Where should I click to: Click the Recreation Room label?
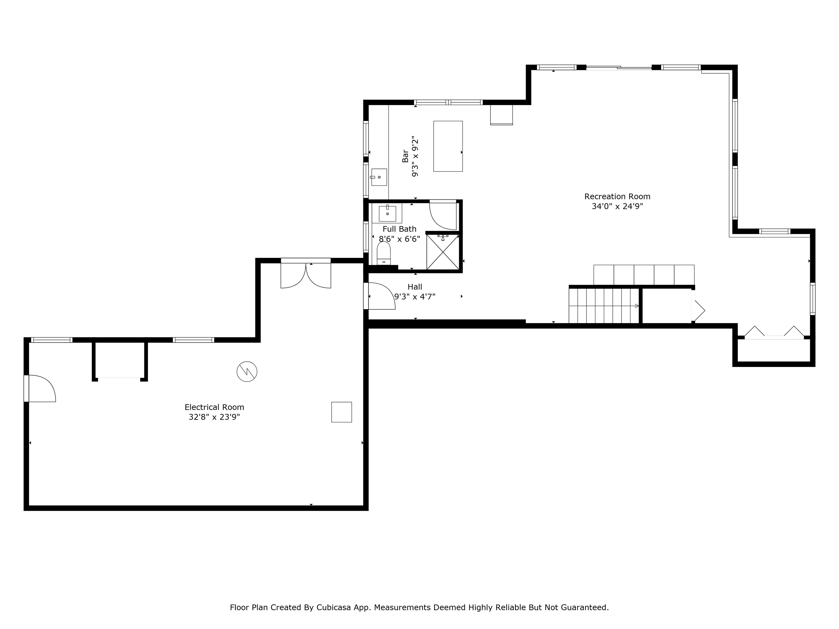click(617, 196)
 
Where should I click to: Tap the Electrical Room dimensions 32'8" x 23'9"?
click(214, 417)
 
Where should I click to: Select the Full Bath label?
click(399, 229)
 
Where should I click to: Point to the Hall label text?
click(415, 287)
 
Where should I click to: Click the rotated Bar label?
click(405, 156)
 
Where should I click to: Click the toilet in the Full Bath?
click(383, 253)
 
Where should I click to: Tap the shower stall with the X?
click(443, 252)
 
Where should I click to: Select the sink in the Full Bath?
click(387, 213)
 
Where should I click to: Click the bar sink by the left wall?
click(379, 177)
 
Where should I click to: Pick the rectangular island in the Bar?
click(448, 146)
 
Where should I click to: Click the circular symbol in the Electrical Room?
click(247, 372)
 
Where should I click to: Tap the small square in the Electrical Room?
click(341, 412)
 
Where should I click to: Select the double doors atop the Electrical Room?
click(306, 274)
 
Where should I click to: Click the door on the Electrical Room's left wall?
click(40, 388)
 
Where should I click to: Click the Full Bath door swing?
click(443, 215)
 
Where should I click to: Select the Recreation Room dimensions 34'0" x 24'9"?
click(618, 207)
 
